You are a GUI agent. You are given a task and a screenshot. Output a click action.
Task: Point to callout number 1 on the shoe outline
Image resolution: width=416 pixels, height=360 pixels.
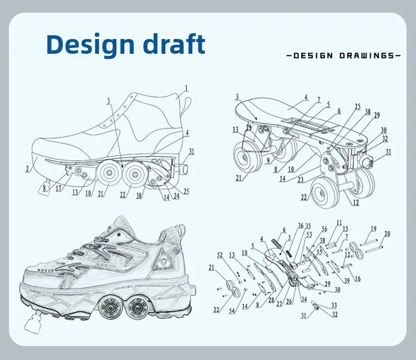pyautogui.click(x=186, y=88)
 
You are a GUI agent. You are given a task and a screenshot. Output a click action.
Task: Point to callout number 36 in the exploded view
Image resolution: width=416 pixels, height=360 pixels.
pyautogui.click(x=300, y=226)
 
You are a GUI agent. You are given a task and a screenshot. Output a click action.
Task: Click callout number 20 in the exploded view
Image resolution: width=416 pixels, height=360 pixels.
pyautogui.click(x=388, y=234)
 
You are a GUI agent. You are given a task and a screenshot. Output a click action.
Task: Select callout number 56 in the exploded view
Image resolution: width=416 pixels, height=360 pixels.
pyautogui.click(x=324, y=229)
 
